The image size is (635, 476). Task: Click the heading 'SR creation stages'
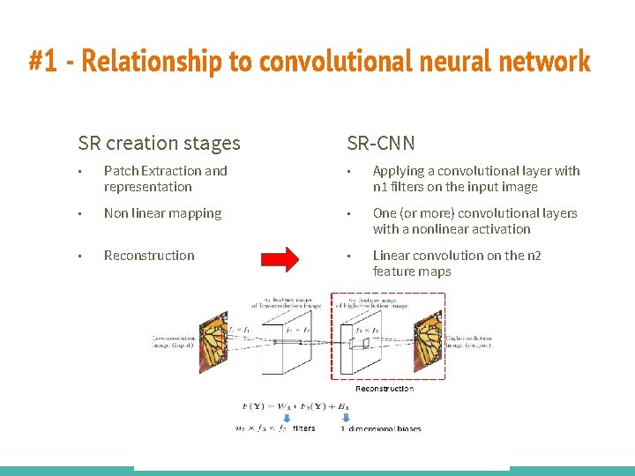tap(159, 143)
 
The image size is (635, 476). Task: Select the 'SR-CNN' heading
tap(381, 143)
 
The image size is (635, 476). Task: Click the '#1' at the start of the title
tap(43, 62)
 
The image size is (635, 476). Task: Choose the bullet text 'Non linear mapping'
tap(162, 213)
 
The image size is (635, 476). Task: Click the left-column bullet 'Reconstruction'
tap(149, 256)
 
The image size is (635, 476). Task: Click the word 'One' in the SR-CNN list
tap(385, 213)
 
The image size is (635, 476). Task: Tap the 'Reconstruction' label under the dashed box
tap(384, 388)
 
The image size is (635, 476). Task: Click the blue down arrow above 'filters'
tap(273, 419)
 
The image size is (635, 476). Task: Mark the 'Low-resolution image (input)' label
tap(175, 340)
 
